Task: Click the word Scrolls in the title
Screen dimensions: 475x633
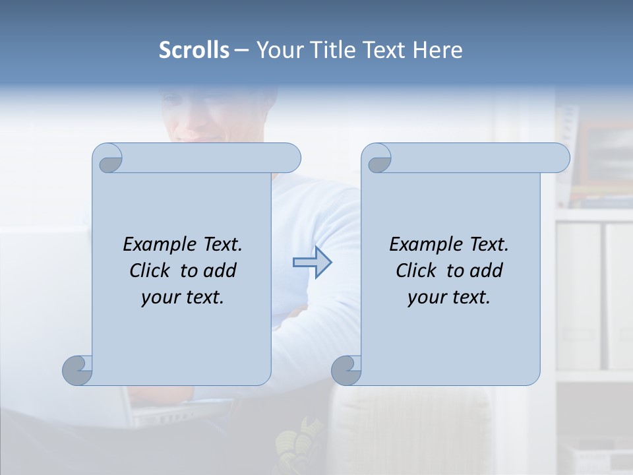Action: pos(194,50)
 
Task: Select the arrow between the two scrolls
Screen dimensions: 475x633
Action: pos(312,263)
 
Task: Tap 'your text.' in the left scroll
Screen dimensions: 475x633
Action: pos(183,297)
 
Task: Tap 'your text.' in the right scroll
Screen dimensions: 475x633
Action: pos(449,297)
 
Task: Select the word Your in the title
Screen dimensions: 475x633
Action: pos(277,50)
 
